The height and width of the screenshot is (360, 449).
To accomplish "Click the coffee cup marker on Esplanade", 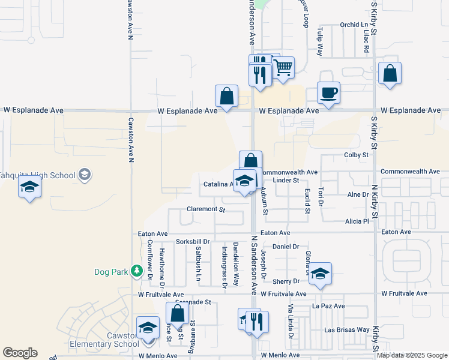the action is point(328,94).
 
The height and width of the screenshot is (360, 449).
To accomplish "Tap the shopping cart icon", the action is point(283,68).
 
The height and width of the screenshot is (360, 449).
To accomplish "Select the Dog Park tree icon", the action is point(137,272).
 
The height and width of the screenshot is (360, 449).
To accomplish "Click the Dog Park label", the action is point(112,272).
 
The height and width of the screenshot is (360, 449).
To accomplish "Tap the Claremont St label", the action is point(205,210).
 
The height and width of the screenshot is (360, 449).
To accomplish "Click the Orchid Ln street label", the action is point(354,25).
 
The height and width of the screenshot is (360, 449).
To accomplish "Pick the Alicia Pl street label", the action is point(357,221).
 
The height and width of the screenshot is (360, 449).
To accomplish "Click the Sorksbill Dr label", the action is point(192,242).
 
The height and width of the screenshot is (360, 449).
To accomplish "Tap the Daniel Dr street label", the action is point(286,247).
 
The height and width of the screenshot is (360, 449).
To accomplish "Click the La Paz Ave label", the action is point(328,306).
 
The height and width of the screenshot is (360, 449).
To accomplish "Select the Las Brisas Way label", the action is point(347,330).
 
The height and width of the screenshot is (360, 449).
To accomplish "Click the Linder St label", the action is point(286,180).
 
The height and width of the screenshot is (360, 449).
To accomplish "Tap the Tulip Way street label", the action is point(321,42).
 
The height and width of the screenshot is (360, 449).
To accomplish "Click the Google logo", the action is point(20,353).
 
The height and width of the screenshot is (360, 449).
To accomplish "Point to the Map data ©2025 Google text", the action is point(412,355).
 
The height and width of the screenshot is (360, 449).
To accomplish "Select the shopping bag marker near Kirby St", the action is point(390,74).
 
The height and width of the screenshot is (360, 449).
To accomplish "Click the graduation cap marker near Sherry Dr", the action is point(320,274).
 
